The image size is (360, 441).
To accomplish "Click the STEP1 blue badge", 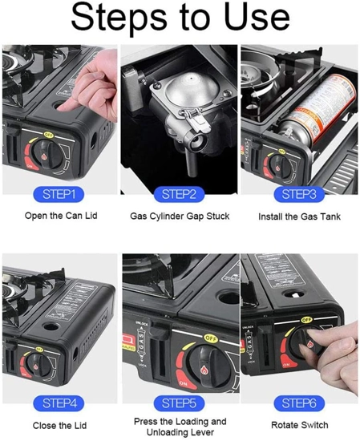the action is point(59,194).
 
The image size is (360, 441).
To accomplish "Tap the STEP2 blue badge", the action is point(179,194).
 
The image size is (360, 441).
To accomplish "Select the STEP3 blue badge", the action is point(299,194).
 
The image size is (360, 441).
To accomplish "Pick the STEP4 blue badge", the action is point(59,403).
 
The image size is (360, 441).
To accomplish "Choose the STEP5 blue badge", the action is point(179,403).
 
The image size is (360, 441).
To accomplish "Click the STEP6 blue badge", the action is point(299,403).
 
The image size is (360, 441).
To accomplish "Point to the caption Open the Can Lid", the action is point(61,216).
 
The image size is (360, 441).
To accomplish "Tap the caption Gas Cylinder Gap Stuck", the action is point(180,216).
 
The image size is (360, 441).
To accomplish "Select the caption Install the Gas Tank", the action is point(300,216).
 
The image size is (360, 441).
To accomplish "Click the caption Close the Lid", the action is point(59,426).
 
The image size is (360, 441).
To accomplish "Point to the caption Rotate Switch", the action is point(300,425).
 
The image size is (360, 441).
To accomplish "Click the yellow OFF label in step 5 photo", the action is point(211,338).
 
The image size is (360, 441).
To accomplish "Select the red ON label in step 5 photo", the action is point(183,383).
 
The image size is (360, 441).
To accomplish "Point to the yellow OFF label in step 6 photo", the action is point(306,320).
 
